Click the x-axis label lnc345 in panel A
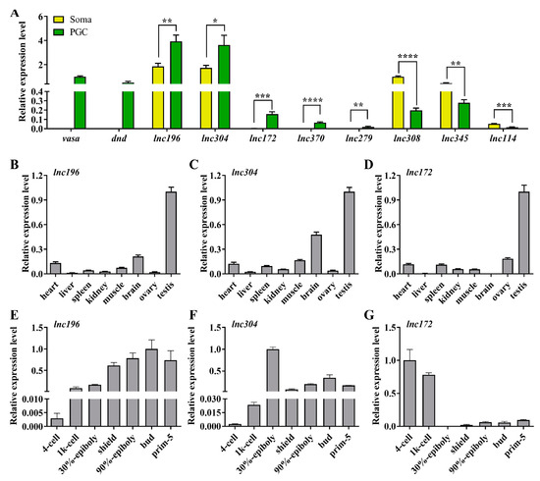[x=454, y=140]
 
